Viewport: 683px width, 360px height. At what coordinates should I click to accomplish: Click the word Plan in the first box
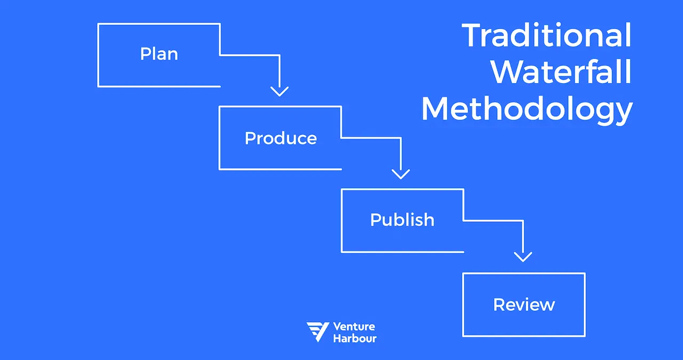pyautogui.click(x=159, y=54)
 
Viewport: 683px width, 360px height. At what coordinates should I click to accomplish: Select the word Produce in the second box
pyautogui.click(x=281, y=139)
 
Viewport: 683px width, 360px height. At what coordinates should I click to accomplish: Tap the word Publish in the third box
pyautogui.click(x=402, y=220)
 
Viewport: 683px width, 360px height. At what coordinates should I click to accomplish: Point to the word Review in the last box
pyautogui.click(x=524, y=305)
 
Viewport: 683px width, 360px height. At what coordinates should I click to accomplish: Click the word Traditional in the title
pyautogui.click(x=546, y=36)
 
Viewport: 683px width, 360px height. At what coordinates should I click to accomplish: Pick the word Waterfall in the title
pyautogui.click(x=561, y=72)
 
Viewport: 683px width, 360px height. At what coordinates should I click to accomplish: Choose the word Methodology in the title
pyautogui.click(x=527, y=109)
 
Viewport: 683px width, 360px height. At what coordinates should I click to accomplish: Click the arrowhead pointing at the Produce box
pyautogui.click(x=279, y=91)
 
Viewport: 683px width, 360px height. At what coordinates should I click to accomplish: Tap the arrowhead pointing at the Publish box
pyautogui.click(x=401, y=173)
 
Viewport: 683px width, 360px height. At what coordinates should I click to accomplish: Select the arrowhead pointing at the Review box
pyautogui.click(x=523, y=256)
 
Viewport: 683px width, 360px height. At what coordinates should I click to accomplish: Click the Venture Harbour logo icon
pyautogui.click(x=317, y=332)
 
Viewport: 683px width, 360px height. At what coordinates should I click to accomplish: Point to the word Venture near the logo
pyautogui.click(x=354, y=326)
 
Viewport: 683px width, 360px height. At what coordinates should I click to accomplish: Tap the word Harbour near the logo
pyautogui.click(x=355, y=338)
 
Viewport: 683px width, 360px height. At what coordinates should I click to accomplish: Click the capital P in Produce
pyautogui.click(x=250, y=139)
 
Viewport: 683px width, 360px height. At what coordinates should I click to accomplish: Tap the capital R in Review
pyautogui.click(x=499, y=305)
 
